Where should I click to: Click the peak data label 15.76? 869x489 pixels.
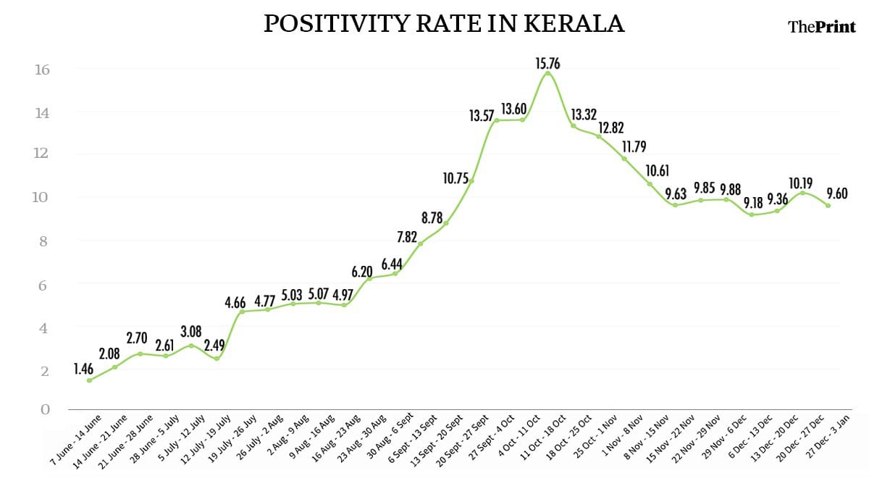[547, 64]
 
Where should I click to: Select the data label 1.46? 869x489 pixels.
[84, 369]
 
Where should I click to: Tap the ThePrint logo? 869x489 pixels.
[821, 27]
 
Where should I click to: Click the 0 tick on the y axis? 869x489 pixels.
[45, 409]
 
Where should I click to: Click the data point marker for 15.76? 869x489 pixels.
[547, 73]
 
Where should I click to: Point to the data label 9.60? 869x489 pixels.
[836, 194]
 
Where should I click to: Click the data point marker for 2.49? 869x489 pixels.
[216, 359]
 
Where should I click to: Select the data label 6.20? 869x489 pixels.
[362, 272]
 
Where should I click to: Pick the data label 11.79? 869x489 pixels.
[635, 147]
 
